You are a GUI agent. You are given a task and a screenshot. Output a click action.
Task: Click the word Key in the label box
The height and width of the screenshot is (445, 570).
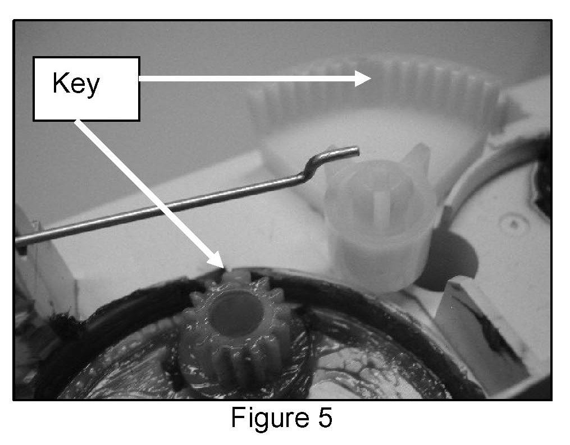(x=76, y=84)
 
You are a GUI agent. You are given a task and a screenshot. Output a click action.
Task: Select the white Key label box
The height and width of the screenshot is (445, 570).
(x=86, y=88)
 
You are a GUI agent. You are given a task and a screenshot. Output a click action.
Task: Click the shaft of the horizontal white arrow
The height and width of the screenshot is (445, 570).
(x=247, y=80)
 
